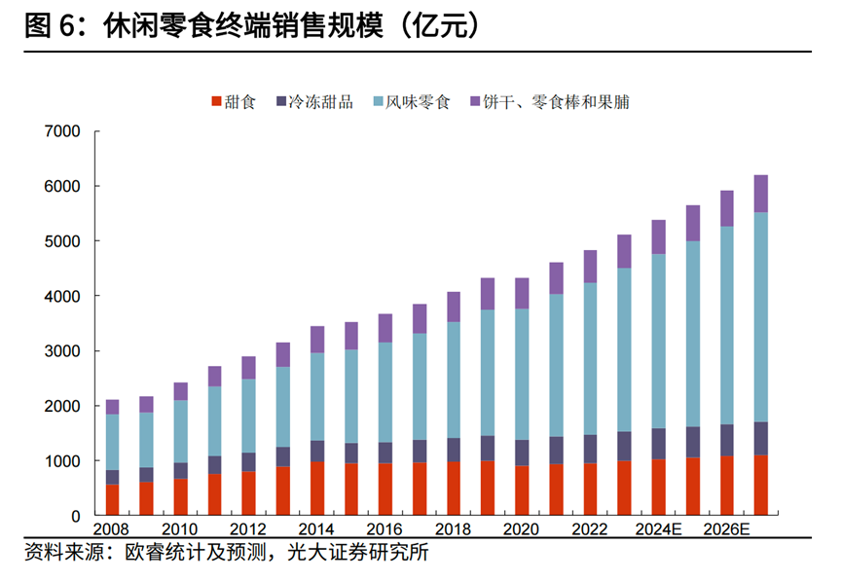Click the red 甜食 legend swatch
pos(215,101)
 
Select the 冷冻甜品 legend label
pos(322,101)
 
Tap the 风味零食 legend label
pos(418,101)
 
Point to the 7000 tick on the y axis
pos(63,131)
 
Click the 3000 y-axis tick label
pos(63,351)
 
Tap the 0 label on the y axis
pos(78,516)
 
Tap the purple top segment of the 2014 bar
pos(317,339)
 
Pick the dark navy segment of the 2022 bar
pos(591,449)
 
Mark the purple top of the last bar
pos(761,193)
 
